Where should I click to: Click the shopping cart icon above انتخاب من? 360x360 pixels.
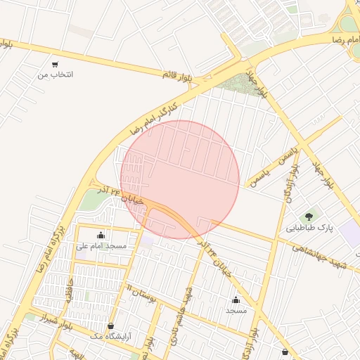56,64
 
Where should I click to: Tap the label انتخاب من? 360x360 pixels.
56,74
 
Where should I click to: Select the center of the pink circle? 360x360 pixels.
180,179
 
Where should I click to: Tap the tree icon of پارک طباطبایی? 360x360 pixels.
308,217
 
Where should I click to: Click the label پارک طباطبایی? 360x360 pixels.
309,228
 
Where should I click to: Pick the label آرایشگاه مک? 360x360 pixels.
111,337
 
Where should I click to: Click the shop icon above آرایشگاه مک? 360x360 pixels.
111,326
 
